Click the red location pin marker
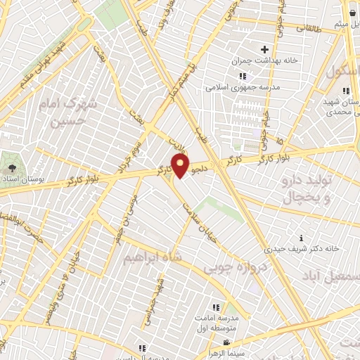coord(181,166)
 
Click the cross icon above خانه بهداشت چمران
coord(264,49)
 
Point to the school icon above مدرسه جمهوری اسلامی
coord(243,76)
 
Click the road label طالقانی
coord(307,28)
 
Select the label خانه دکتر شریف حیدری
coord(302,248)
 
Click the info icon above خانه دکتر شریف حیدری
coord(302,237)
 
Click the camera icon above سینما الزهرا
coord(226,343)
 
